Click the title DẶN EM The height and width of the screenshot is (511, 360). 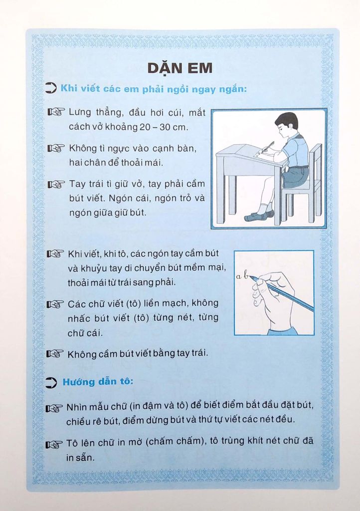pyautogui.click(x=180, y=68)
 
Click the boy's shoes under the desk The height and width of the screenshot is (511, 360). pyautogui.click(x=259, y=216)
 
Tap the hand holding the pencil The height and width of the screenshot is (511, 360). pyautogui.click(x=272, y=299)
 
